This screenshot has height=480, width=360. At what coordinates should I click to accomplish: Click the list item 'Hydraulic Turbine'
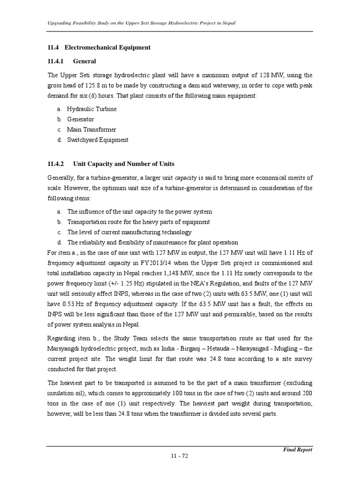point(92,109)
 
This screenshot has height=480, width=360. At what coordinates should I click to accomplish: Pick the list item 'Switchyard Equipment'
point(97,140)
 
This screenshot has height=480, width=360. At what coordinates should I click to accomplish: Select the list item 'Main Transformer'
point(91,129)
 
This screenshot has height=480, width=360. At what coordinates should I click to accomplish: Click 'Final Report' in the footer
point(298,450)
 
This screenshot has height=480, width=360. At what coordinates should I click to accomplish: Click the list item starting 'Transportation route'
point(138,222)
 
